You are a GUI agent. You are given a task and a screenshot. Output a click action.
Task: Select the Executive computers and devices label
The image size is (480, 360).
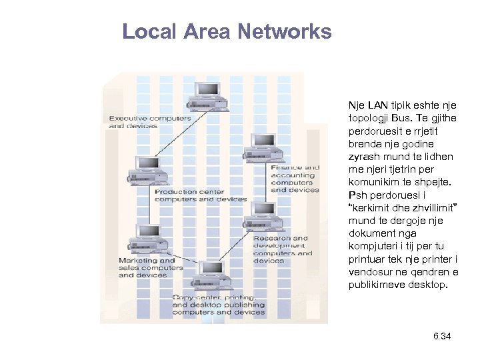149,122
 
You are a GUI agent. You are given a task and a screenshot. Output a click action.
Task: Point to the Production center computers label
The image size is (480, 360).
200,195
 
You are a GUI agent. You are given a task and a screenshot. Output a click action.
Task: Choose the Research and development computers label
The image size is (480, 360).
282,249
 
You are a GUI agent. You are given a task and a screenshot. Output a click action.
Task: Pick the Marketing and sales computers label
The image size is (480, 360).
150,267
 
